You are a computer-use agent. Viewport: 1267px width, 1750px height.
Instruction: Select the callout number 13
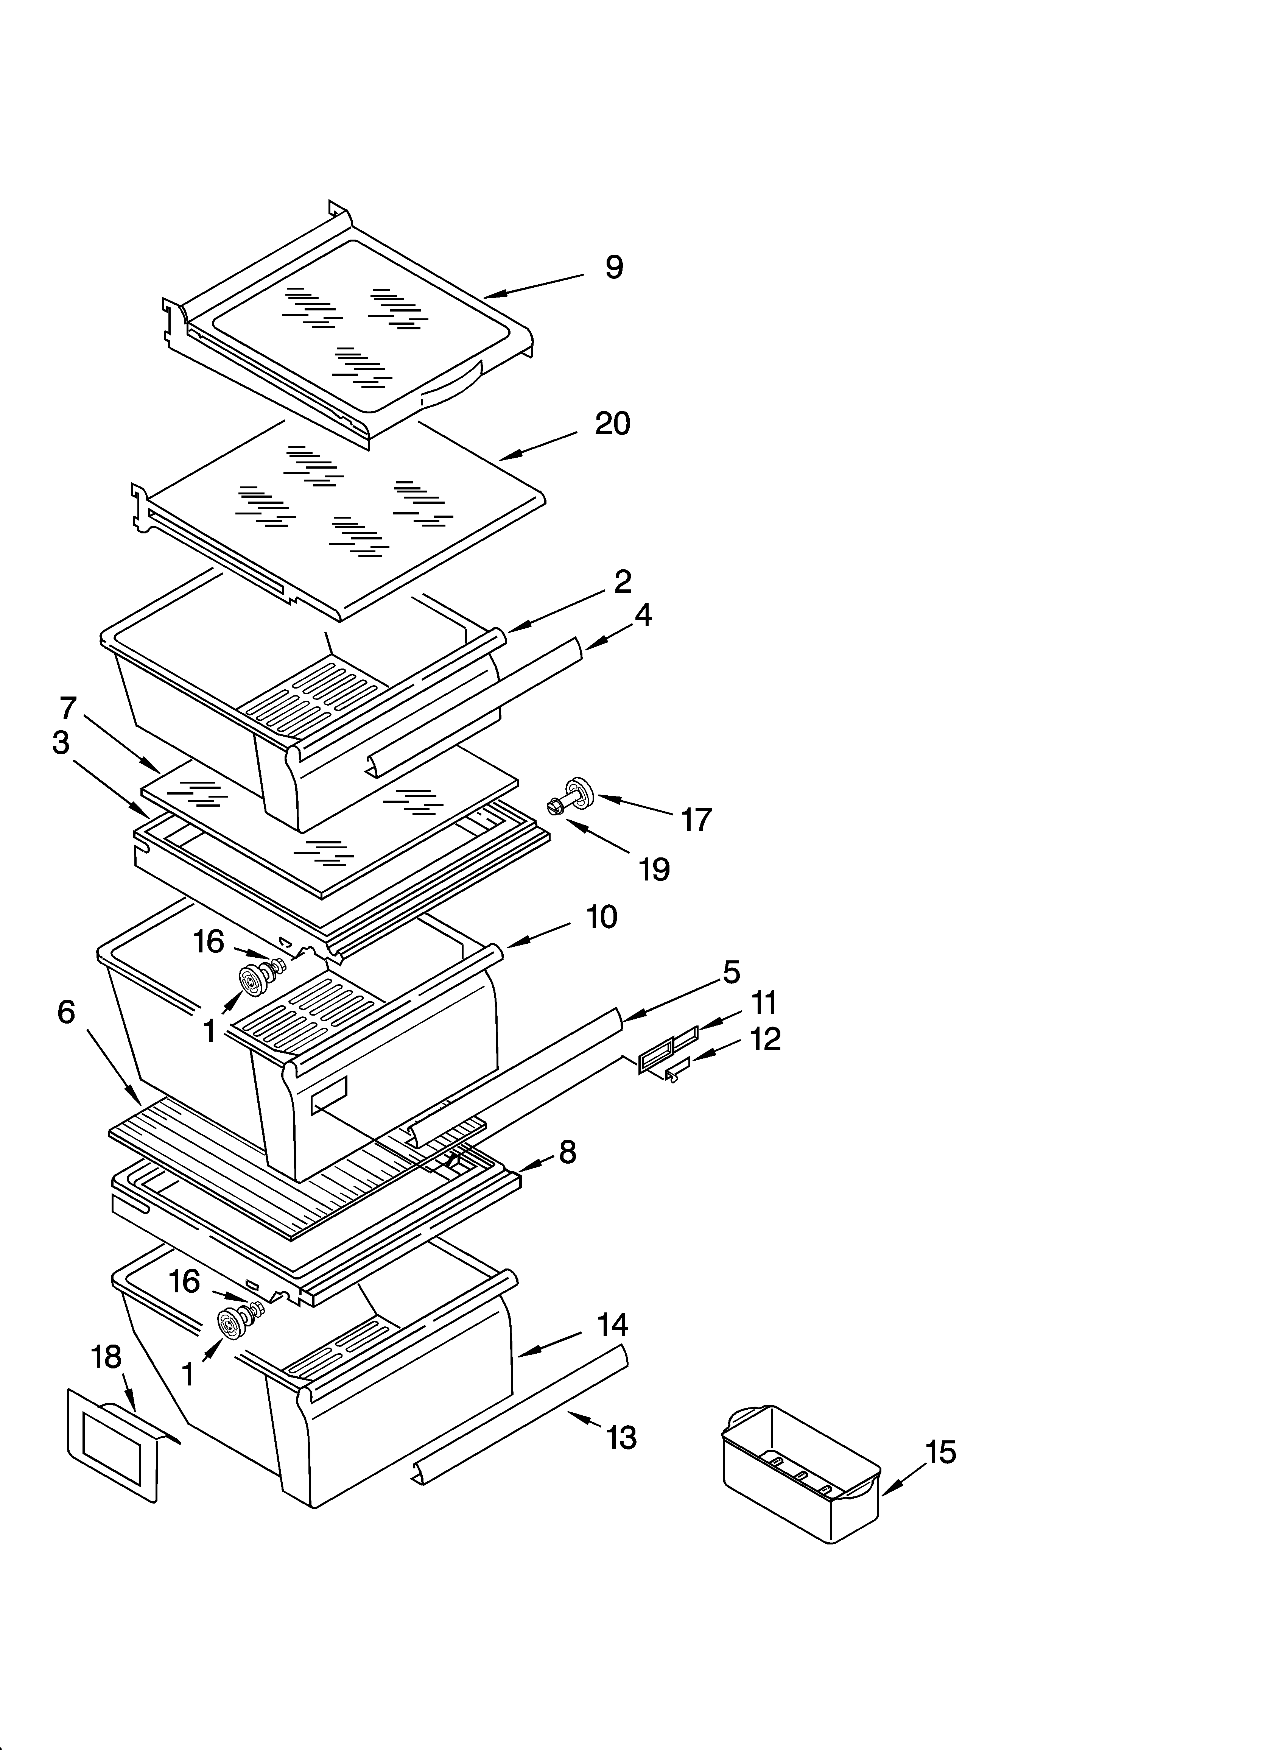point(621,1437)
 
